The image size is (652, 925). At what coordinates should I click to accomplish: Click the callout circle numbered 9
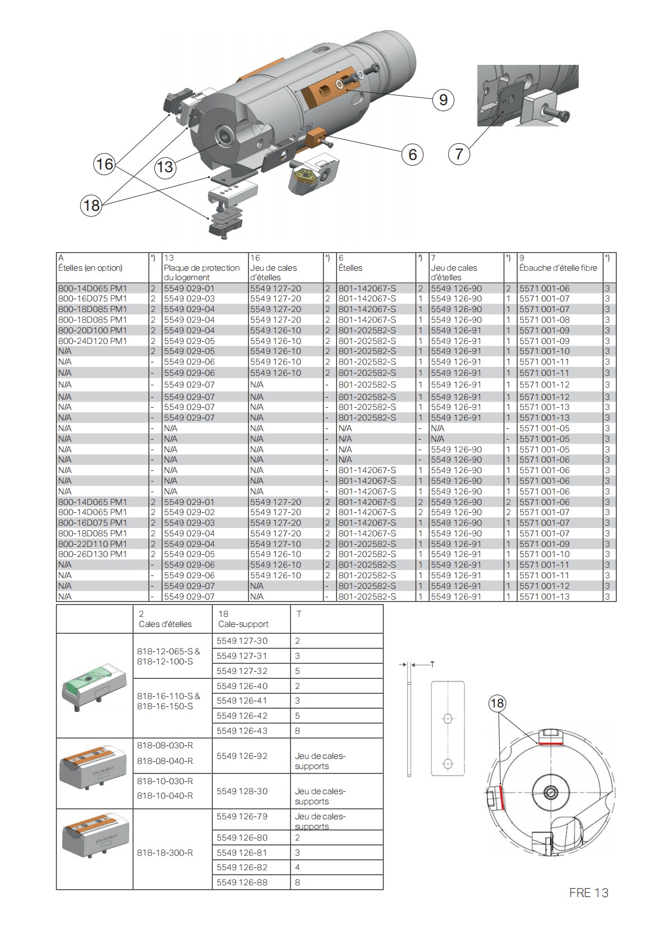[443, 100]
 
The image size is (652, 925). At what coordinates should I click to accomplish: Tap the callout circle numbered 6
[412, 154]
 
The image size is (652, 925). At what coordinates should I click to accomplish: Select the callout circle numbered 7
[459, 153]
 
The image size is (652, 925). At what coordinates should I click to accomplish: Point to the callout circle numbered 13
[165, 167]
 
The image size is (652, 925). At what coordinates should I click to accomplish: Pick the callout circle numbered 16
[105, 164]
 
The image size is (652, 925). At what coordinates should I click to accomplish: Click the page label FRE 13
[588, 893]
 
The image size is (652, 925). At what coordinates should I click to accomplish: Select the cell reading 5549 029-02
[189, 512]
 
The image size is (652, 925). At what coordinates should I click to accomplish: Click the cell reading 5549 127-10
[275, 544]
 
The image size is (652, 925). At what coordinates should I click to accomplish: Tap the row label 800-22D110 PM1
[93, 544]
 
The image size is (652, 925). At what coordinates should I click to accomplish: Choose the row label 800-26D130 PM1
[93, 554]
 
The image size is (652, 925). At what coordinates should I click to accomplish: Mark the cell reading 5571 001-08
[544, 320]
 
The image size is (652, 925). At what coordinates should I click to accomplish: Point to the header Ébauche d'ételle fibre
[558, 268]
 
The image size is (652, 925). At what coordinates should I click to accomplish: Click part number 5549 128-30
[242, 791]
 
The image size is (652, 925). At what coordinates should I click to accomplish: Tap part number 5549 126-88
[242, 882]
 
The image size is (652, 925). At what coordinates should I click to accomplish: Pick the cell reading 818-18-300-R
[165, 853]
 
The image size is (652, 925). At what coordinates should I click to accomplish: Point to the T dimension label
[432, 664]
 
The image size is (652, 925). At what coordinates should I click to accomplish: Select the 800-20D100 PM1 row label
[93, 331]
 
